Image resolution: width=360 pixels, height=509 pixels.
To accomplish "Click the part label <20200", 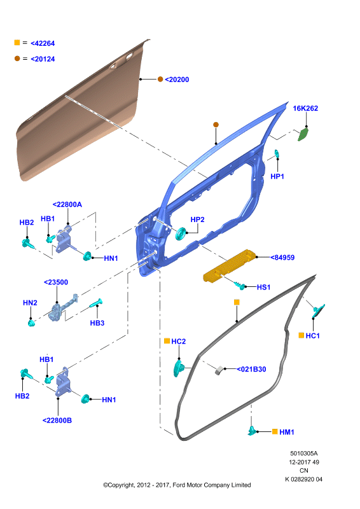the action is coord(177,80).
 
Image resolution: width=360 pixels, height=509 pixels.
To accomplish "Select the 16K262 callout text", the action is coord(305,108).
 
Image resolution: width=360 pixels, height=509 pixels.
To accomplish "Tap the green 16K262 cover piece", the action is coord(303,134).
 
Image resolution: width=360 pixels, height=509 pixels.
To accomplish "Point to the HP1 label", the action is coord(277,176).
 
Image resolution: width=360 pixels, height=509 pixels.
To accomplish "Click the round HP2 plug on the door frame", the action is coord(180,234).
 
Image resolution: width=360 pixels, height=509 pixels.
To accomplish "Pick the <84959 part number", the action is coord(283,258).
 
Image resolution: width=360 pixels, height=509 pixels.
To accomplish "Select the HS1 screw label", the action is coord(263,288).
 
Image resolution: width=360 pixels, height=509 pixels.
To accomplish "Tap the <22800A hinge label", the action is coord(67,204).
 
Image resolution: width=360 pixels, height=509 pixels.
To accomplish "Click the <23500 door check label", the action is coord(56,282).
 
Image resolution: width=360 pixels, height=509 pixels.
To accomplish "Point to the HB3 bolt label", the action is coord(97,323).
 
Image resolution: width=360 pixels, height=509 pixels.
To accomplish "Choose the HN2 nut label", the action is coord(30,303).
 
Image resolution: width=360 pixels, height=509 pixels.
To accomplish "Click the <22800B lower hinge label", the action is coord(57,421).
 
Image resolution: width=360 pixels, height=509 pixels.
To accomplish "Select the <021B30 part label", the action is coord(252,369).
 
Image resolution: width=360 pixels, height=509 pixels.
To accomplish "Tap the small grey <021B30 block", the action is coord(219,370).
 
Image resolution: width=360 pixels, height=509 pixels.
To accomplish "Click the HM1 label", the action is coord(287,432).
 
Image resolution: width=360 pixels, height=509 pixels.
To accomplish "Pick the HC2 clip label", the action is coord(179,342).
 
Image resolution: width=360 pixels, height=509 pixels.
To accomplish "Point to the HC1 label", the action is coord(312,336).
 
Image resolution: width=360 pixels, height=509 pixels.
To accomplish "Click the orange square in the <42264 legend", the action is coord(17,43).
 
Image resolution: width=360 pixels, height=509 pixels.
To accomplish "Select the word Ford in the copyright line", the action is coord(179,485).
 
